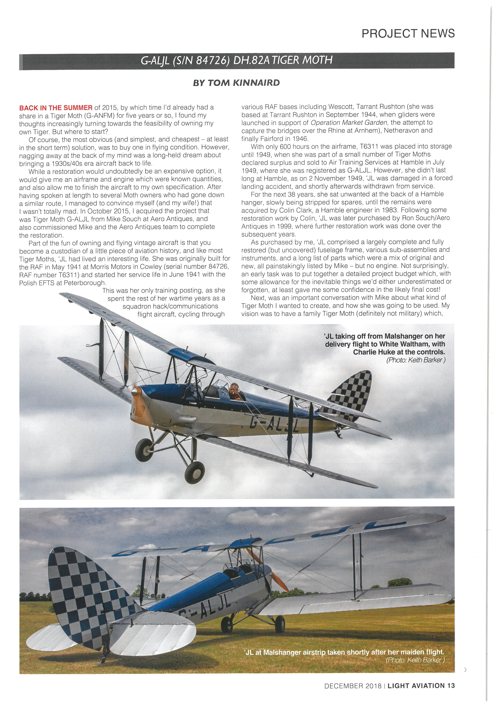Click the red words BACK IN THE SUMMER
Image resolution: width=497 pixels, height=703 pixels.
point(56,108)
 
